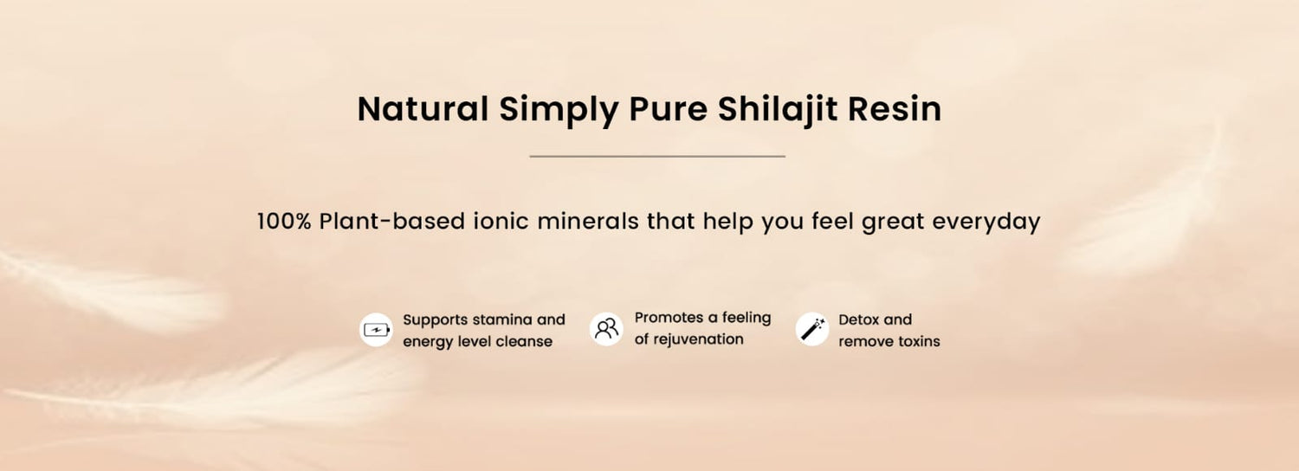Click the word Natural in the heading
click(423, 108)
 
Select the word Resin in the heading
click(895, 108)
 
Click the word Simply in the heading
click(559, 111)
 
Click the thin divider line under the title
click(657, 156)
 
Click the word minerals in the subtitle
click(588, 221)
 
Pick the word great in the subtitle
click(893, 223)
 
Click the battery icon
click(376, 330)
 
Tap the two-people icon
click(606, 329)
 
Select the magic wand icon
click(812, 330)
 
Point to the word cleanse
click(524, 341)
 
